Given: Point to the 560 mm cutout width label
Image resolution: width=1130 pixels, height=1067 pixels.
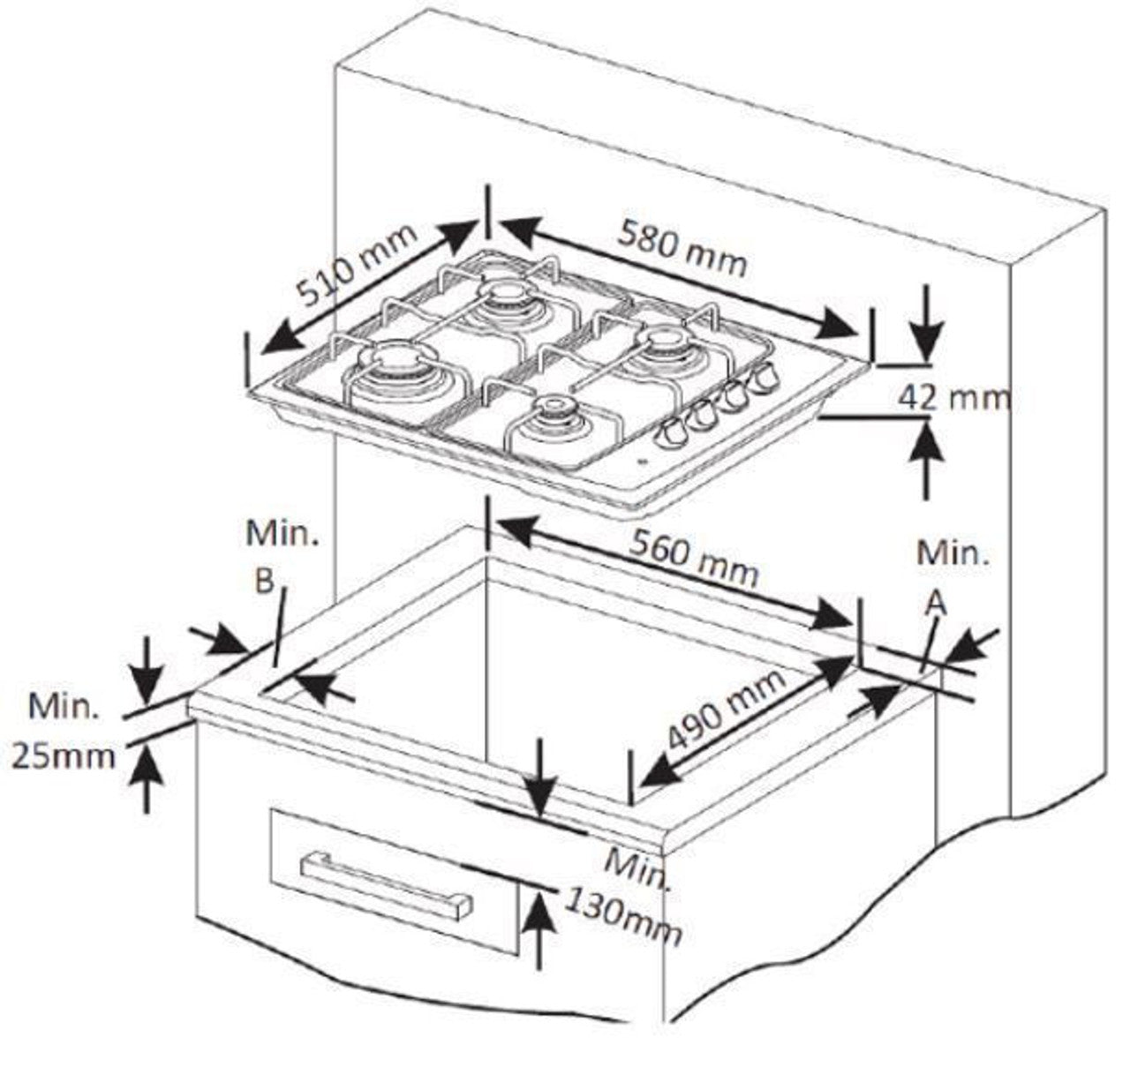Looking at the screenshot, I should click(694, 560).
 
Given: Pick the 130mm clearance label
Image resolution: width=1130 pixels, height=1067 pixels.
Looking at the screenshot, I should click(622, 914).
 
